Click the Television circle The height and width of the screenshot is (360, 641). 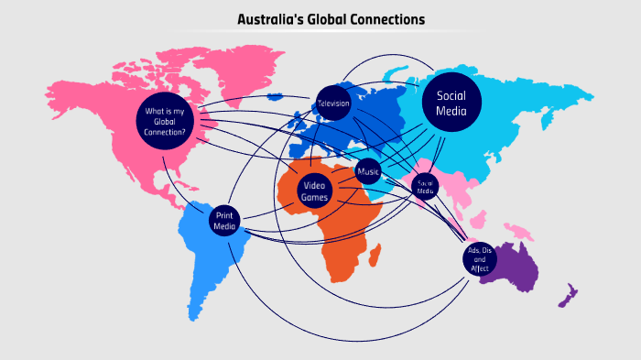333,104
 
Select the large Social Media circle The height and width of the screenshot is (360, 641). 451,104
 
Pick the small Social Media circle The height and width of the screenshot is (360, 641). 424,187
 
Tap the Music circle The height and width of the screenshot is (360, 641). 368,171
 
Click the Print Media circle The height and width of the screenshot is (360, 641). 224,220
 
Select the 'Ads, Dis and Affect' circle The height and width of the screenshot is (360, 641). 480,260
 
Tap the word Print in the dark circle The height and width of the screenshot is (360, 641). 224,214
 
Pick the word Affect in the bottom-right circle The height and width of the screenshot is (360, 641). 480,268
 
